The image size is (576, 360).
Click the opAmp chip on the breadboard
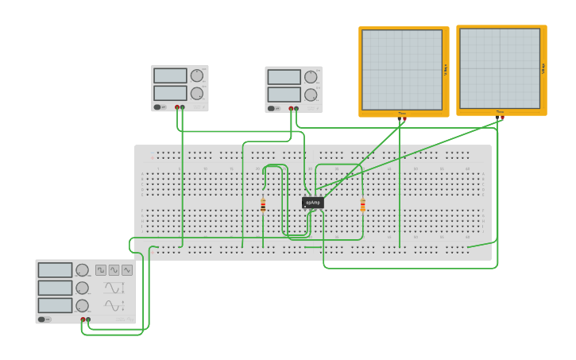coord(313,203)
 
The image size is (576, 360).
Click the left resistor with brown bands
coord(263,205)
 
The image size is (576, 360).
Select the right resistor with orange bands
coord(362,205)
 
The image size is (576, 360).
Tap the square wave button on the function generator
coord(101,270)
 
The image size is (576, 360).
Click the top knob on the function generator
coord(82,270)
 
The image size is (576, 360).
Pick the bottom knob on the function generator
coord(82,305)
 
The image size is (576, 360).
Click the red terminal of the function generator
coord(83,319)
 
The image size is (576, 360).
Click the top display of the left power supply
coord(170,75)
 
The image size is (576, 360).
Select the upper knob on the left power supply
coord(197,75)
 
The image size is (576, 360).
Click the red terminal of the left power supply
coord(177,107)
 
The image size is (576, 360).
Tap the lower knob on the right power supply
coord(311,95)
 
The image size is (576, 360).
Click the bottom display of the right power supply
coord(284,94)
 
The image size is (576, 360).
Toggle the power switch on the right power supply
coord(272,108)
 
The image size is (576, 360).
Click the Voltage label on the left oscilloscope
coord(446,70)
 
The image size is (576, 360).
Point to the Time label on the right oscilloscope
coord(500,112)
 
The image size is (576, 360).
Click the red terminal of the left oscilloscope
coord(404,118)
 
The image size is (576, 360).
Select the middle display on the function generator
coord(55,288)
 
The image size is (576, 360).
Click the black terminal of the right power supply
coord(296,108)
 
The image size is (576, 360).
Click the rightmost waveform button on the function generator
coord(127,270)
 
